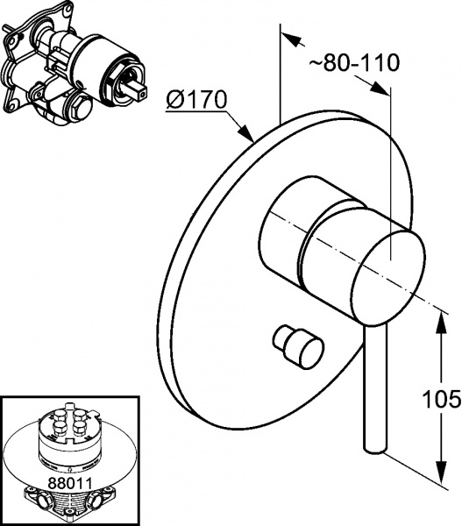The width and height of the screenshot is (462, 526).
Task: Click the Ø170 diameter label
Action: pyautogui.click(x=197, y=100)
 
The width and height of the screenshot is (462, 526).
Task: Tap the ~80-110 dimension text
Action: pyautogui.click(x=354, y=62)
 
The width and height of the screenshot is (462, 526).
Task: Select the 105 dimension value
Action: pyautogui.click(x=442, y=399)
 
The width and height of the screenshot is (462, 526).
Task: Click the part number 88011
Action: pyautogui.click(x=70, y=483)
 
